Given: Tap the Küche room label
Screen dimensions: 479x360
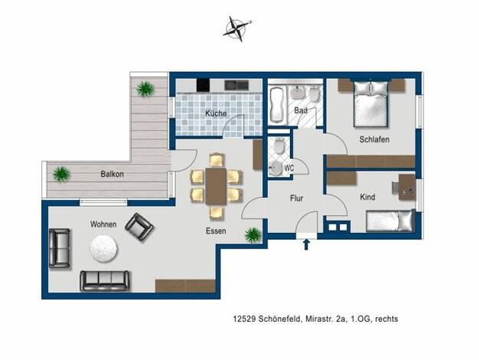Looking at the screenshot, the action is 216,113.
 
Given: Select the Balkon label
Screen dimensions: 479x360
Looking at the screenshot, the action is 112,174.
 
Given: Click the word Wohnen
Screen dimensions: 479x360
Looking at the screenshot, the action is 103,224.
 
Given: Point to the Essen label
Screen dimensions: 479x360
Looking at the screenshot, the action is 216,231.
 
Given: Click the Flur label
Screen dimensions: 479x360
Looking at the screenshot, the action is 297,198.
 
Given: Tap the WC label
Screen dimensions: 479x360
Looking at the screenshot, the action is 289,168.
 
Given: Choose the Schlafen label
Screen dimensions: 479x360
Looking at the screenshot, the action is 374,139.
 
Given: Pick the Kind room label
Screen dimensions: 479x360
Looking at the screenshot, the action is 367,198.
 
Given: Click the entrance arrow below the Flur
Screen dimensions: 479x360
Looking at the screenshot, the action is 306,244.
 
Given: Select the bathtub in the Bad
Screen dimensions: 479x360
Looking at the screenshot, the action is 278,105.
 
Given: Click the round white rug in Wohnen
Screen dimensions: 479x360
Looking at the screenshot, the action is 103,249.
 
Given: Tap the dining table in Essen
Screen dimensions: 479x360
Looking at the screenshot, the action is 216,186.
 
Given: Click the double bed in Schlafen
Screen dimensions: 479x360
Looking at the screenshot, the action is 371,103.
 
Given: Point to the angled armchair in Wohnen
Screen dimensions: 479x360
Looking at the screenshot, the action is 139,227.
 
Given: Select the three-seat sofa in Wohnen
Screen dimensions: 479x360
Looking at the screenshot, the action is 105,280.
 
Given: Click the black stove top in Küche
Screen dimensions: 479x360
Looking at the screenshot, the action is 203,85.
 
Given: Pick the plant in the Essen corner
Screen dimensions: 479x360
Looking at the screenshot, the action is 253,235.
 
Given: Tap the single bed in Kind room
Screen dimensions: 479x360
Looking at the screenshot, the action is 391,221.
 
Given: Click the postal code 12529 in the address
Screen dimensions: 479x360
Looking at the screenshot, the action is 245,319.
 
